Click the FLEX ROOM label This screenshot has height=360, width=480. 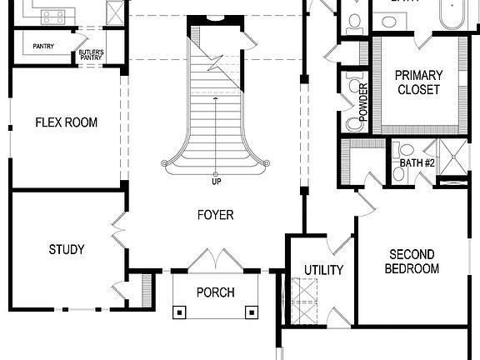[x=66, y=122]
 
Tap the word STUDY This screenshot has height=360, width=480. [x=66, y=249]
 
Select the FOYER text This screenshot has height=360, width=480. [x=215, y=215]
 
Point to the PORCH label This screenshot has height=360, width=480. [x=215, y=292]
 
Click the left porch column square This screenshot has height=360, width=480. [x=179, y=312]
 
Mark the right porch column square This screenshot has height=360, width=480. [x=251, y=312]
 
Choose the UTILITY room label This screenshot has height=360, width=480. [x=323, y=270]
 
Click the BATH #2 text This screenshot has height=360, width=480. [x=417, y=162]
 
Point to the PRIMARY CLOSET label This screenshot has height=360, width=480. [x=418, y=82]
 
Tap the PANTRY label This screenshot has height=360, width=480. [x=43, y=46]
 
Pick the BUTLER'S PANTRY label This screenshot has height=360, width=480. [x=91, y=55]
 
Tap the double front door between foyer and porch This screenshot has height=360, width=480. [x=215, y=260]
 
